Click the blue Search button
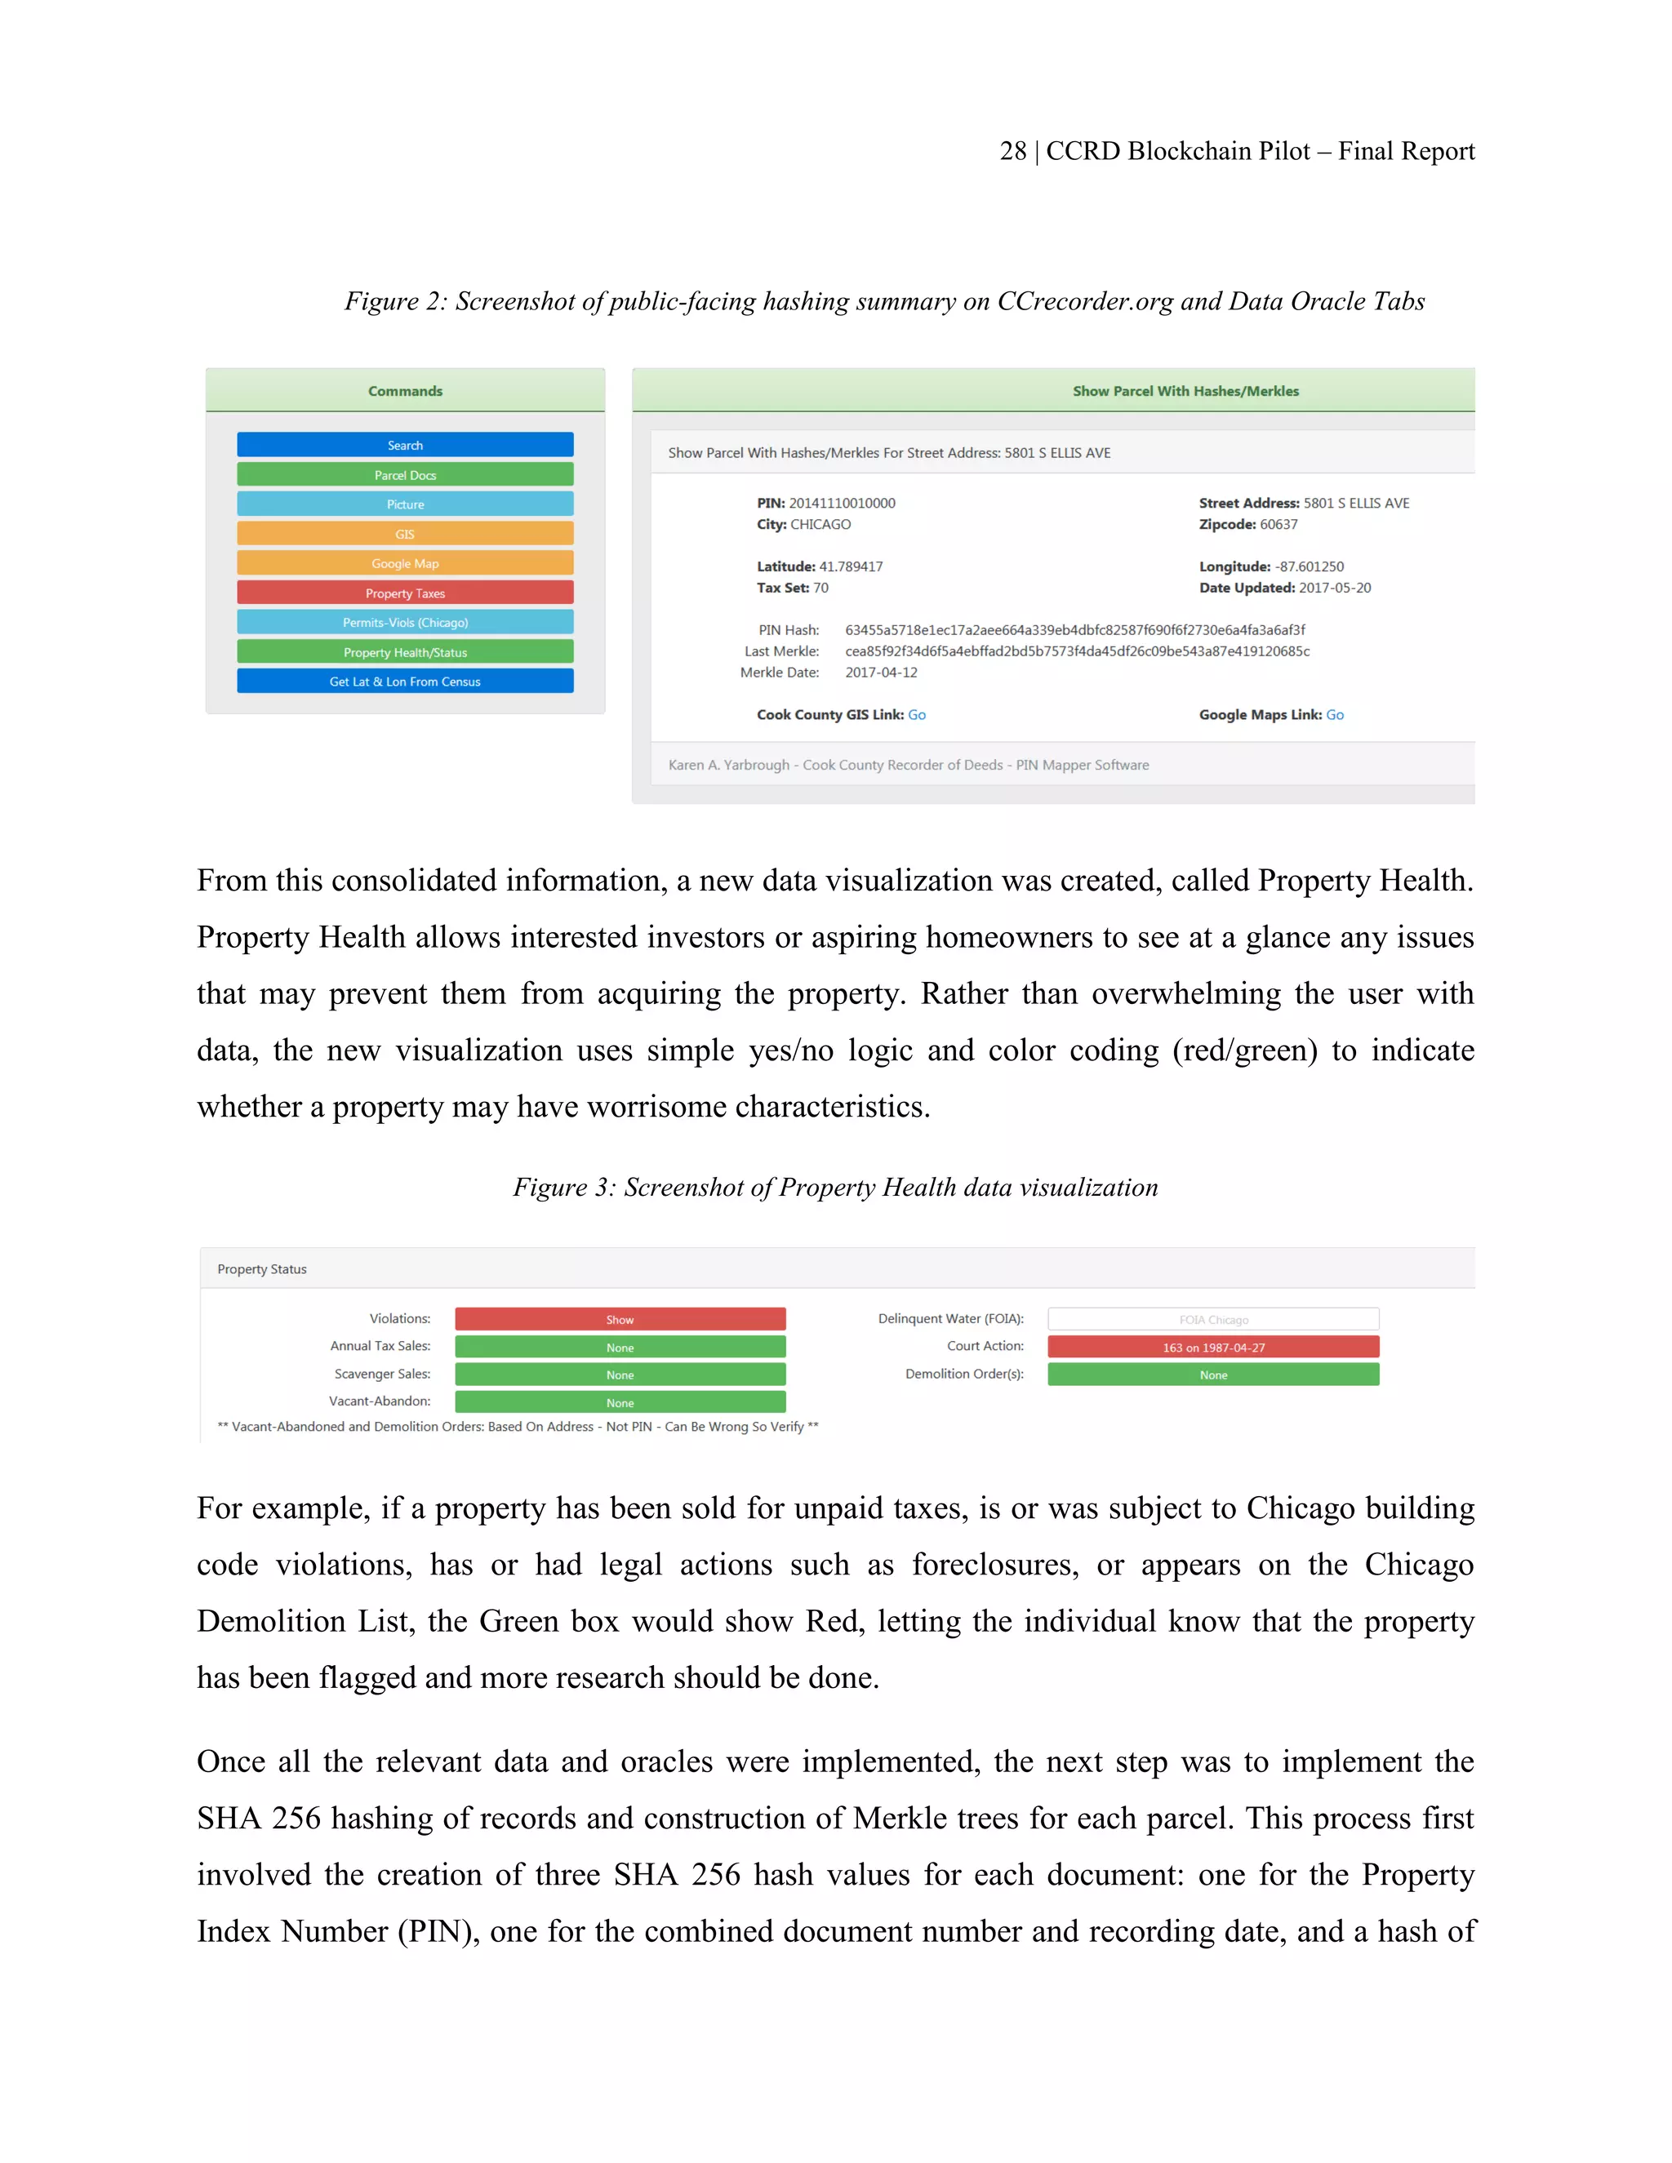point(404,445)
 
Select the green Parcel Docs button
point(404,474)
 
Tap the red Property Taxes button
point(404,593)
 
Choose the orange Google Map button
point(404,562)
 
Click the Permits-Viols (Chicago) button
point(404,622)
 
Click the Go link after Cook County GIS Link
point(916,714)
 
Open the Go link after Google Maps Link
point(1334,714)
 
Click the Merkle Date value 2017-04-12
point(881,673)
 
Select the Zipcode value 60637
point(1278,524)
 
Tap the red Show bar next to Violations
point(620,1319)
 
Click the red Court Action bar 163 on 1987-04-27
point(1212,1347)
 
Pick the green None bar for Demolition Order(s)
point(1212,1375)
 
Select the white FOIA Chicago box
point(1212,1319)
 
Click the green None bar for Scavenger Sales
point(620,1375)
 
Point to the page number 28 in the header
point(1012,150)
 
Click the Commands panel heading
point(404,391)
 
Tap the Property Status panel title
point(261,1268)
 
